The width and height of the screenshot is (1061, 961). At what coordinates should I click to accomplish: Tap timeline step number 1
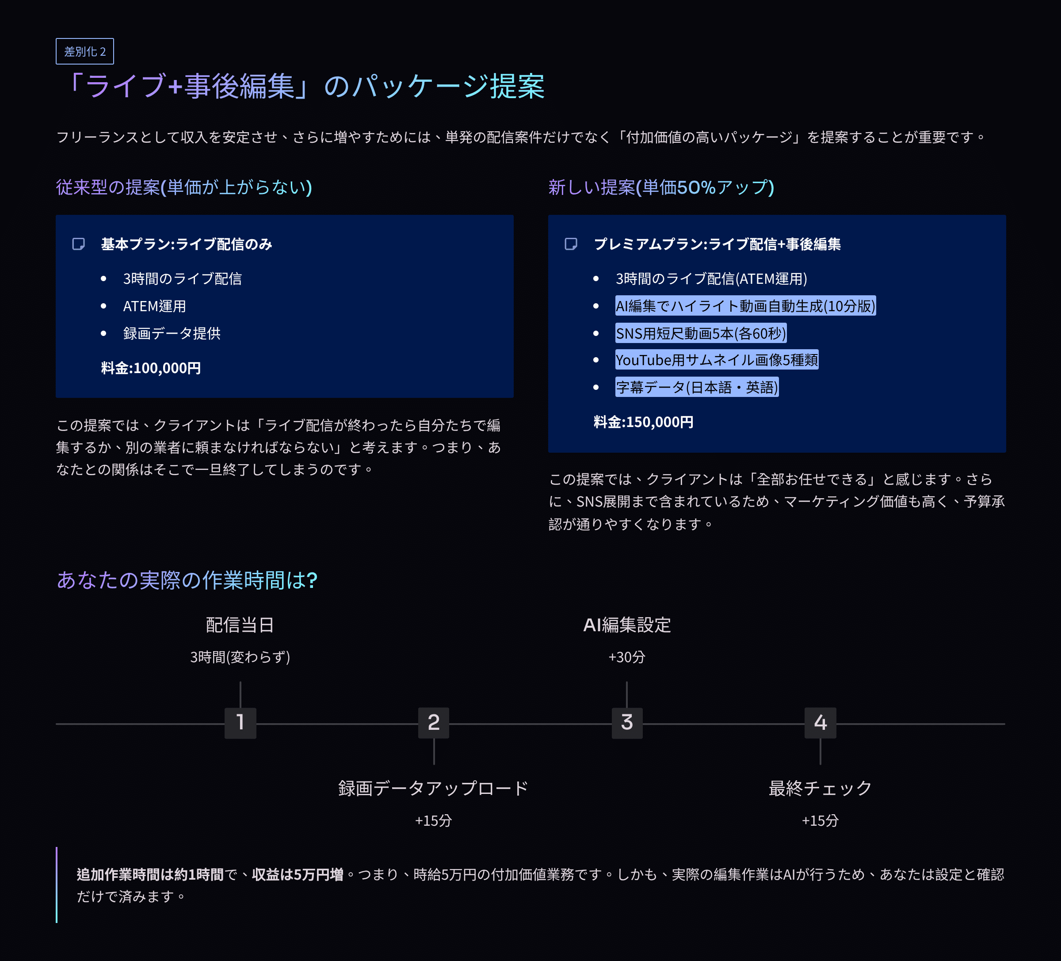click(240, 723)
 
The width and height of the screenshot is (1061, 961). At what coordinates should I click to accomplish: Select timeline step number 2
click(434, 723)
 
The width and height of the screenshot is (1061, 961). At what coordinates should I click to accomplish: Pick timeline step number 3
click(627, 723)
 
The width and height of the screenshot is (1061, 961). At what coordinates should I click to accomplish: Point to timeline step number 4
click(820, 723)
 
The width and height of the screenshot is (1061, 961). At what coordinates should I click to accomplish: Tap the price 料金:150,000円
click(643, 422)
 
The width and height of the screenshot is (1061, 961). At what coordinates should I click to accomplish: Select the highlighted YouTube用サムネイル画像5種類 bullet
click(716, 360)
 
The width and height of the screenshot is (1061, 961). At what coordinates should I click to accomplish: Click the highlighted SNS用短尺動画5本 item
click(701, 333)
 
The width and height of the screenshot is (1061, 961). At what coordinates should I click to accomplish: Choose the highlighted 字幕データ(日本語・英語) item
click(696, 387)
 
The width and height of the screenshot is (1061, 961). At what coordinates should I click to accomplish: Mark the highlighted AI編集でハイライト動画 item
click(745, 306)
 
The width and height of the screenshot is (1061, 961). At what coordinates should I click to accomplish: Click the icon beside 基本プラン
click(78, 244)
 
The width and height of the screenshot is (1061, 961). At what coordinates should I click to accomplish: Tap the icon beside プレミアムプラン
click(571, 244)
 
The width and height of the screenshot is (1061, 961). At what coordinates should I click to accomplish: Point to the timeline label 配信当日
click(240, 625)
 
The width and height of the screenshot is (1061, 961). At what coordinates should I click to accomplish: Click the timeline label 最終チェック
click(820, 788)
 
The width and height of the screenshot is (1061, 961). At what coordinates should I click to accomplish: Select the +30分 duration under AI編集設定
click(626, 657)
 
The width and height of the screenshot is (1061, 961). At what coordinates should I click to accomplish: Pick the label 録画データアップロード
click(433, 788)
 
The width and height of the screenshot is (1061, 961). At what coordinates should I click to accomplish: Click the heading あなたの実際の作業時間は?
click(187, 580)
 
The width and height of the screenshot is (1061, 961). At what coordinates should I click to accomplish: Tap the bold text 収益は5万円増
click(298, 874)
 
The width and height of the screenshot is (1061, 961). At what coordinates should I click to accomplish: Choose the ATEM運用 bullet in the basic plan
click(154, 306)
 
